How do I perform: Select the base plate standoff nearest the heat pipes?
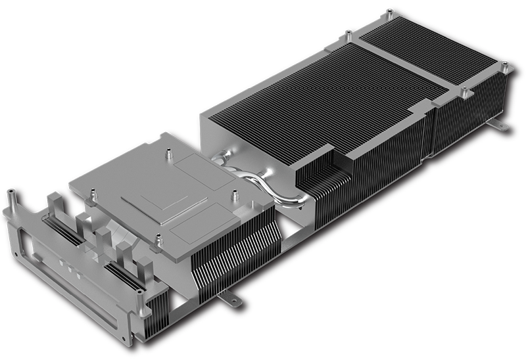[x=233, y=195]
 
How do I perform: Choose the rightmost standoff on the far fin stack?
[x=505, y=66]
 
